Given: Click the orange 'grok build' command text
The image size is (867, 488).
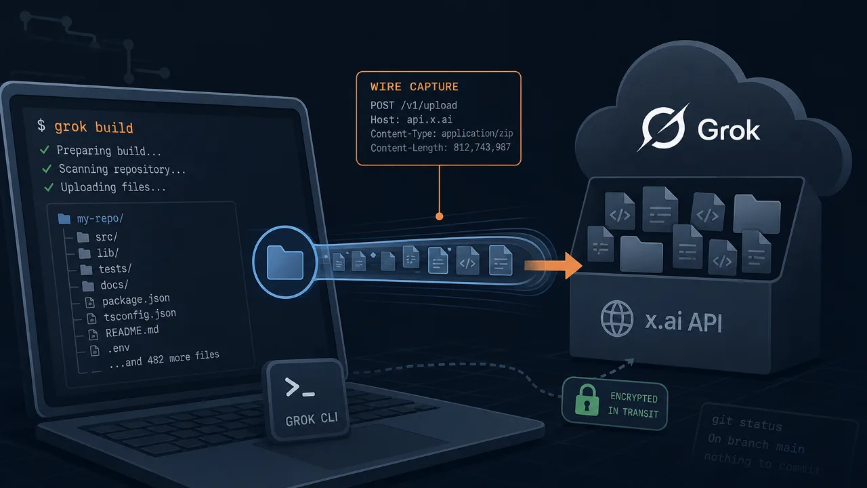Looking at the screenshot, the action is (x=93, y=127).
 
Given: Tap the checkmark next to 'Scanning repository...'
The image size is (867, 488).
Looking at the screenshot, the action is (x=47, y=169).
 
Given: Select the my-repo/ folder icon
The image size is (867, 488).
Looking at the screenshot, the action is (x=64, y=219).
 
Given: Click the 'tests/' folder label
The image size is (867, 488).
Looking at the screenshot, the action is (x=115, y=268).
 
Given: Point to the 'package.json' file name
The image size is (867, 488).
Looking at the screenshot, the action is (x=136, y=300).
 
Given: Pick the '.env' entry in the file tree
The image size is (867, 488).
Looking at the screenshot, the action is (x=119, y=348).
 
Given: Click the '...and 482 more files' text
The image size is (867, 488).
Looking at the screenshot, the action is (x=164, y=359).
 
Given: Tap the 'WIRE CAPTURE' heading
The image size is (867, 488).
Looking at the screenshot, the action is (x=414, y=87).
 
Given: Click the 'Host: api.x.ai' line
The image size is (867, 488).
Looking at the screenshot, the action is (x=411, y=119).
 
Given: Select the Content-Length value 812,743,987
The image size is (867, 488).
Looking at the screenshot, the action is (x=482, y=147).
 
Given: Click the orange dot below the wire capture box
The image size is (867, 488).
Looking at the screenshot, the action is (x=440, y=216).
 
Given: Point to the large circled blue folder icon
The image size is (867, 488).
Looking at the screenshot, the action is (x=285, y=262).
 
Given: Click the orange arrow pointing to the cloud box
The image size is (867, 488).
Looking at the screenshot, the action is (x=553, y=265).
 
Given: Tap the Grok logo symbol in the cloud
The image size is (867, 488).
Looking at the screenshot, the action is (x=663, y=127).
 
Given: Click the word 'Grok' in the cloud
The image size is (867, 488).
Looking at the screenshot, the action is (x=728, y=129).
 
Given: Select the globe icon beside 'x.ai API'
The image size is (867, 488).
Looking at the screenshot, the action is (x=617, y=319).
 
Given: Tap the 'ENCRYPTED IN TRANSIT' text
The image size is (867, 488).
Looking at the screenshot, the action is (x=633, y=405).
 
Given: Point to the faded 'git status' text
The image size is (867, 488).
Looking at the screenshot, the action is (x=747, y=422).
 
